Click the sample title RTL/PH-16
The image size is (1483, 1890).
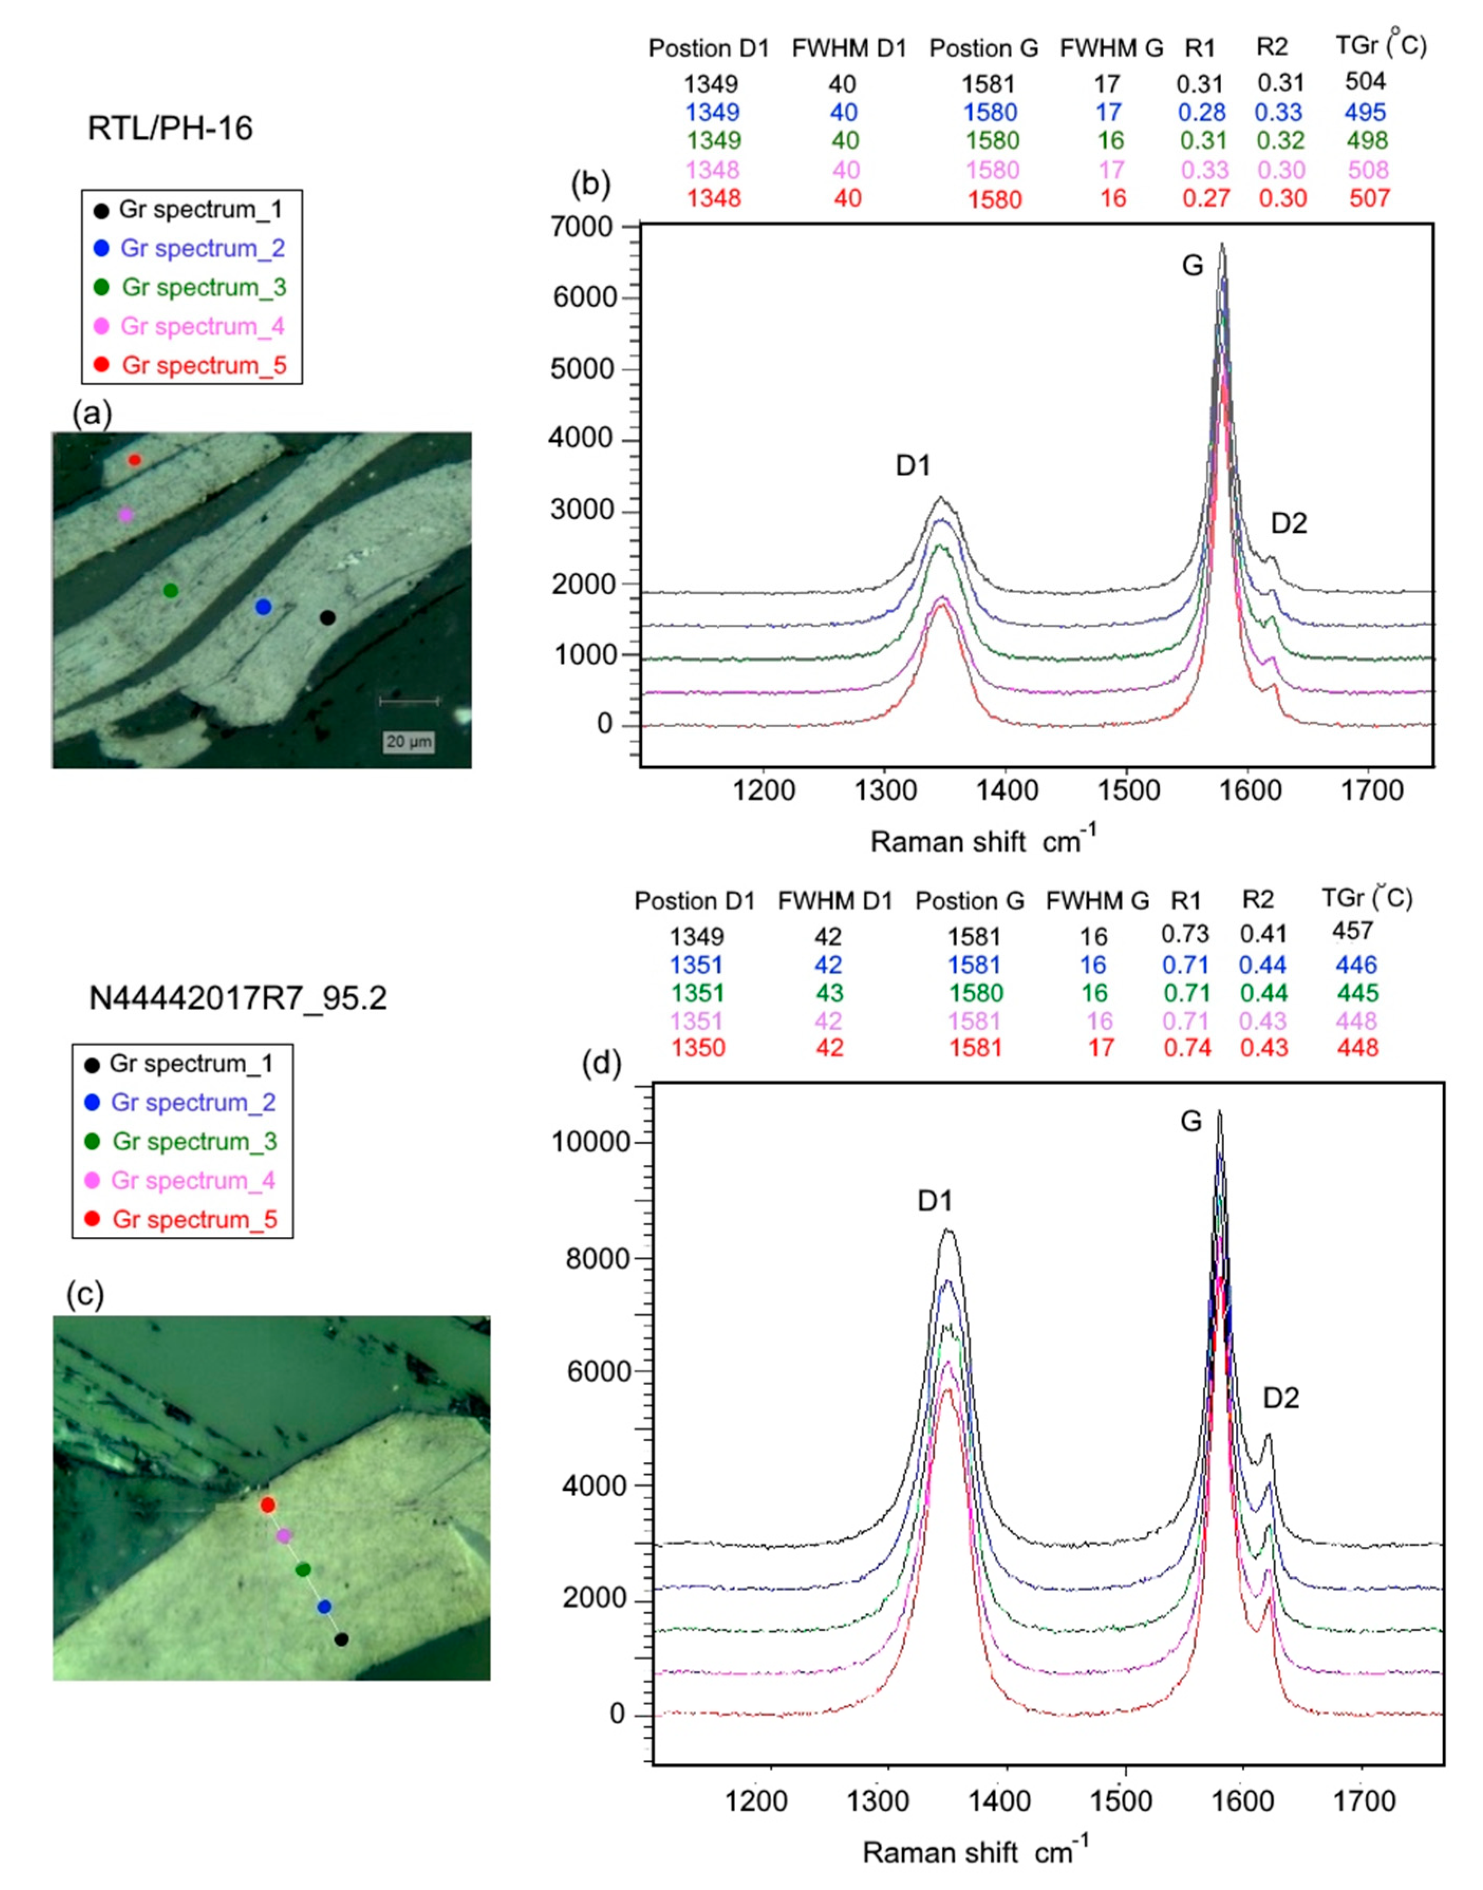pyautogui.click(x=170, y=128)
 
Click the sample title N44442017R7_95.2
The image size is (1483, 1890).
pyautogui.click(x=238, y=999)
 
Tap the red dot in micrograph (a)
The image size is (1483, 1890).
pyautogui.click(x=134, y=459)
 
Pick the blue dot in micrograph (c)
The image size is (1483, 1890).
pyautogui.click(x=324, y=1607)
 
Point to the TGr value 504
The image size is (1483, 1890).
pyautogui.click(x=1365, y=82)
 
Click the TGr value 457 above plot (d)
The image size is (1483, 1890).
pyautogui.click(x=1352, y=932)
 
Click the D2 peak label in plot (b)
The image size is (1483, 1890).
pyautogui.click(x=1289, y=523)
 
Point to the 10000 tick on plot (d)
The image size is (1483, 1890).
pyautogui.click(x=590, y=1143)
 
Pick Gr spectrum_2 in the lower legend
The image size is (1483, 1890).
pyautogui.click(x=193, y=1103)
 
